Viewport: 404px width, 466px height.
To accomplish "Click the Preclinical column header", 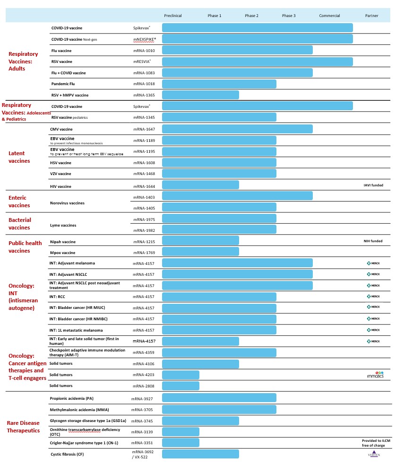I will pos(173,16).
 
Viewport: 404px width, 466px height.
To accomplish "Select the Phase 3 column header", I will pos(289,16).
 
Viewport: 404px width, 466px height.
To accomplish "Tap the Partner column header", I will pos(371,16).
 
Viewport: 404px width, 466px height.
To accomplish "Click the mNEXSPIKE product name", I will pos(145,39).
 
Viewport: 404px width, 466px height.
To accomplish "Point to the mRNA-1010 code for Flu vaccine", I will pos(144,50).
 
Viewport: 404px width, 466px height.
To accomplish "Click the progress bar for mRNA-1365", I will pos(200,95).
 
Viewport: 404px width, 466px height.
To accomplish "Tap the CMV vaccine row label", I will pos(61,129).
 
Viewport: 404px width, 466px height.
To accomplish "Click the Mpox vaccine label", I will pos(62,253).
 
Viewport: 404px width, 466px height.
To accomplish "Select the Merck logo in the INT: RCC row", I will pos(373,297).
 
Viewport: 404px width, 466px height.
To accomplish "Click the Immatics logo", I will pos(375,375).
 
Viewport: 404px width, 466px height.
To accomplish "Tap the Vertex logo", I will pos(373,454).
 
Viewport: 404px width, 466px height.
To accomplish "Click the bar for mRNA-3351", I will pos(181,443).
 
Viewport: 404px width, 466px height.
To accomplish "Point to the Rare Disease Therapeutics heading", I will pos(23,427).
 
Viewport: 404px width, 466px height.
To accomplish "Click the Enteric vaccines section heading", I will pos(19,202).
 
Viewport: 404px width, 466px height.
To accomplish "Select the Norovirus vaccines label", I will pos(67,203).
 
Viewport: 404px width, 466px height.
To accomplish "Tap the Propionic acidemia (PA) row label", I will pos(71,398).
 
